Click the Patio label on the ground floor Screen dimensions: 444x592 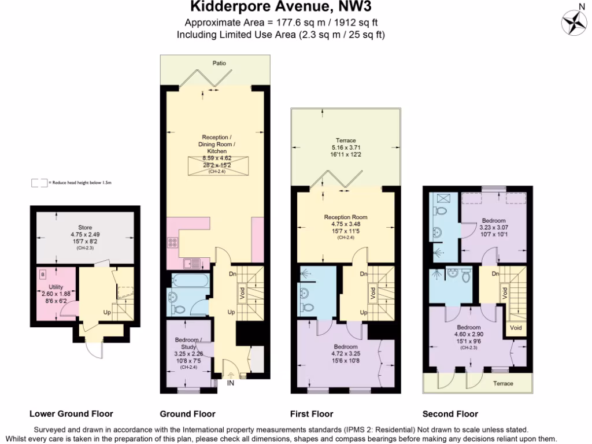pos(219,63)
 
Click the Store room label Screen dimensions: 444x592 pos(86,227)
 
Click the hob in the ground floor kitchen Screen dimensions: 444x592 pos(172,243)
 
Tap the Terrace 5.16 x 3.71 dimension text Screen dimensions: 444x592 pos(346,147)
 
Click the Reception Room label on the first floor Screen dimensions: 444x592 pos(346,217)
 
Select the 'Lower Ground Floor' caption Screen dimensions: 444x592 pos(71,413)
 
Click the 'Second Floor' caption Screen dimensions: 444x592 pos(450,413)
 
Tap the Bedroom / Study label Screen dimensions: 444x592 pos(188,343)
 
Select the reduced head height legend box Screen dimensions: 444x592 pos(39,183)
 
